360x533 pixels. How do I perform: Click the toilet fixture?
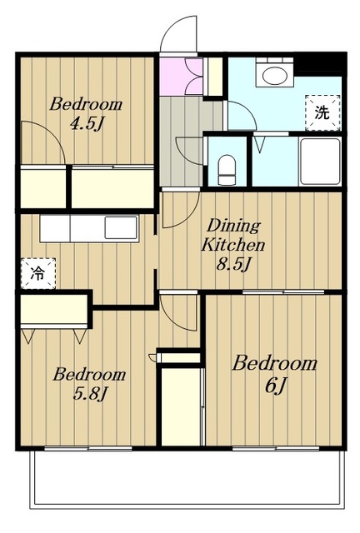(227, 170)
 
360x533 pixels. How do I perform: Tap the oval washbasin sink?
(274, 75)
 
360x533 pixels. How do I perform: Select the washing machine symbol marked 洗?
(322, 112)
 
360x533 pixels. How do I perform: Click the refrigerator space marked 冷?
(38, 273)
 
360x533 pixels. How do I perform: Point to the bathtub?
(320, 161)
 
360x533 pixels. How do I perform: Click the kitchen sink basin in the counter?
(121, 227)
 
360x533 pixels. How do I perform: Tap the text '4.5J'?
(86, 124)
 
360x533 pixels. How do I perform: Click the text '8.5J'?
(234, 264)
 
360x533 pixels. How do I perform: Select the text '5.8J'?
(90, 394)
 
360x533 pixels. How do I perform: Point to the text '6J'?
(275, 385)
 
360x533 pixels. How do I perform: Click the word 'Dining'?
(233, 226)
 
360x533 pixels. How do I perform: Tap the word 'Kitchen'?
(233, 245)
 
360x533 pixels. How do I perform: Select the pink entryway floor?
(180, 77)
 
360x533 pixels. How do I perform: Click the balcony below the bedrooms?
(187, 479)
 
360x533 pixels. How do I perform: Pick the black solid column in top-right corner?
(320, 63)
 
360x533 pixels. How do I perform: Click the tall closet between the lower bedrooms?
(181, 406)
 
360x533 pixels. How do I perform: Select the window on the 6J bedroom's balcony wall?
(276, 448)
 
